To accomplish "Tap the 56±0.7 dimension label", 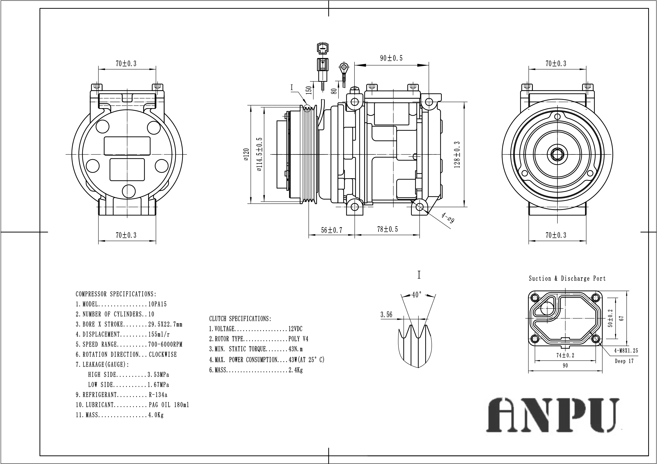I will [331, 230].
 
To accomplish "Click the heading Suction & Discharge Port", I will [567, 278].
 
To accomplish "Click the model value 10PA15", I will [157, 304].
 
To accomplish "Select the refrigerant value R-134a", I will [158, 395].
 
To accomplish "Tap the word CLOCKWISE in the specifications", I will [163, 355].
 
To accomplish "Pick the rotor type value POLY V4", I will [298, 339].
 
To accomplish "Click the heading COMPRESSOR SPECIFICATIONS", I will [116, 294].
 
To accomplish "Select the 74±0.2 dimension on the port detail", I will [565, 355].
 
